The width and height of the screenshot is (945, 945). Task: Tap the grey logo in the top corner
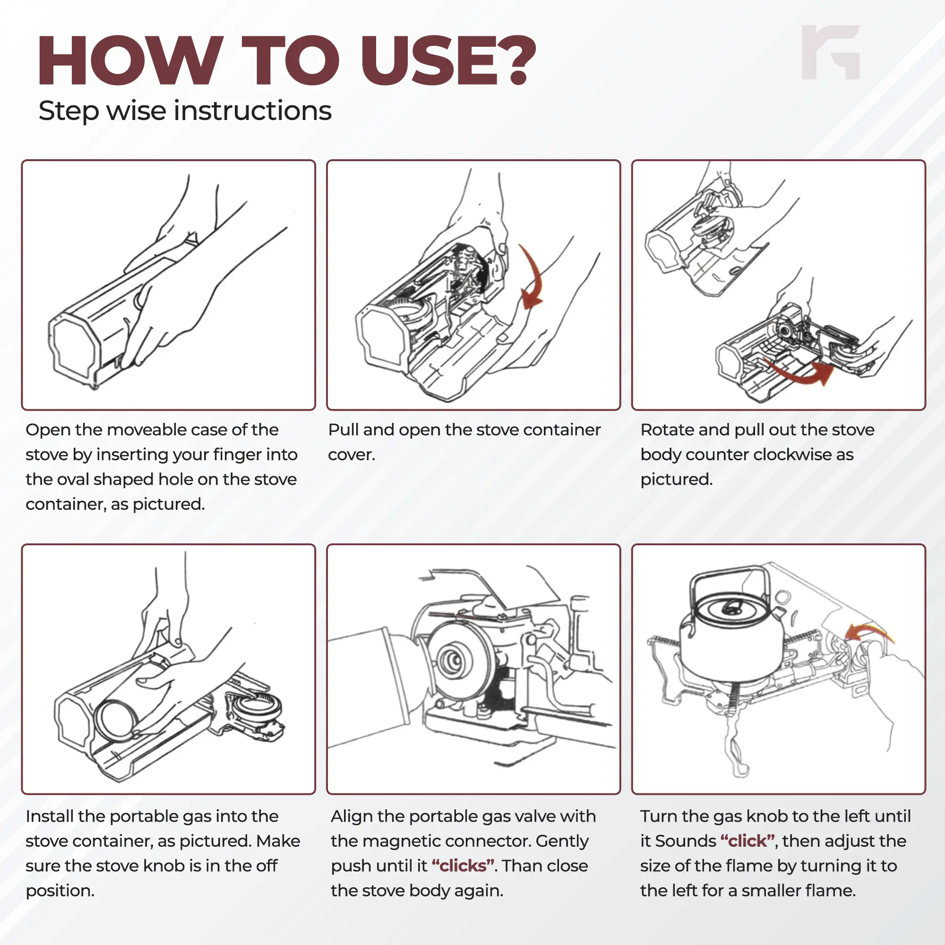pyautogui.click(x=831, y=52)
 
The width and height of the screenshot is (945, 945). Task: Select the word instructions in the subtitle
pyautogui.click(x=252, y=111)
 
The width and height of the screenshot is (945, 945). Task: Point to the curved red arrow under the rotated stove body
pyautogui.click(x=802, y=373)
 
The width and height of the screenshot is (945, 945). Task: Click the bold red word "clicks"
pyautogui.click(x=463, y=866)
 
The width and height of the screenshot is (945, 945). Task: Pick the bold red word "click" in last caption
pyautogui.click(x=747, y=841)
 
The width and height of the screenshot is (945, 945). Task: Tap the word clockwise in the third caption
pyautogui.click(x=782, y=455)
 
